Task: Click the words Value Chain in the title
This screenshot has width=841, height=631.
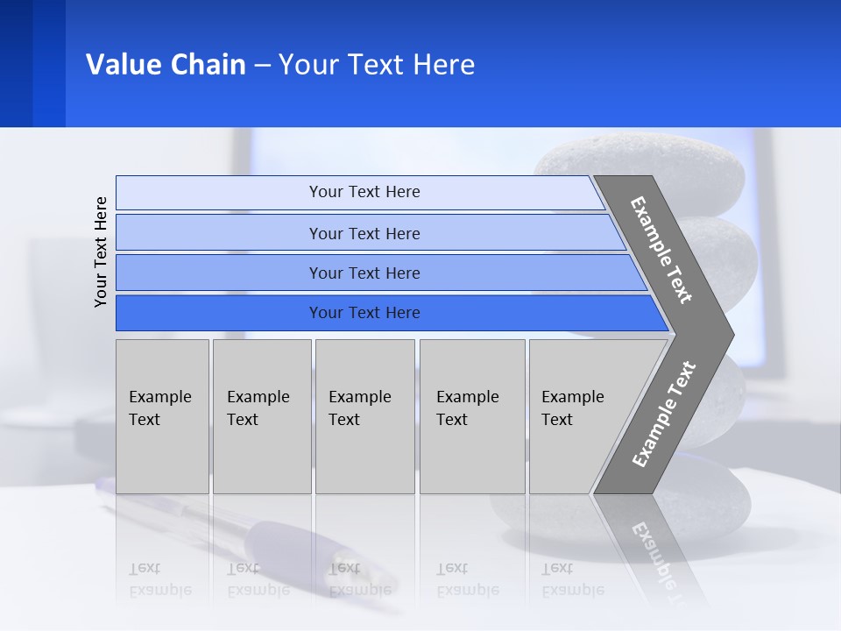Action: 166,65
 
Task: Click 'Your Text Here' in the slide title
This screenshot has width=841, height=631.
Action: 377,65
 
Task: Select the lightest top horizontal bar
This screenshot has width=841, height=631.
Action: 364,192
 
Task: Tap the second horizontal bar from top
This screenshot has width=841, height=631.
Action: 364,233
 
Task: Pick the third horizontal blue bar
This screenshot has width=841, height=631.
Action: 364,273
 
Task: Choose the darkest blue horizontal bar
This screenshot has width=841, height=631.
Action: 364,313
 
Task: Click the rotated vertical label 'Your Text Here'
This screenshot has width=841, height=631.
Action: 102,252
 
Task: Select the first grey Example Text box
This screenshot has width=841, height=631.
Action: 162,416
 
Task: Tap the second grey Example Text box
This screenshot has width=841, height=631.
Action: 261,416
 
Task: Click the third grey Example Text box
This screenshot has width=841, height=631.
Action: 364,416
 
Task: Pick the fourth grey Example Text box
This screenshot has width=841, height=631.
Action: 472,416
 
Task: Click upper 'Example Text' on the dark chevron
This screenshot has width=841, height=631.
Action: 661,250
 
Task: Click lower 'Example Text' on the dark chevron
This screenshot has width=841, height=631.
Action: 664,414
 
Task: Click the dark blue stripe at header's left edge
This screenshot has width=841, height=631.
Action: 16,63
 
